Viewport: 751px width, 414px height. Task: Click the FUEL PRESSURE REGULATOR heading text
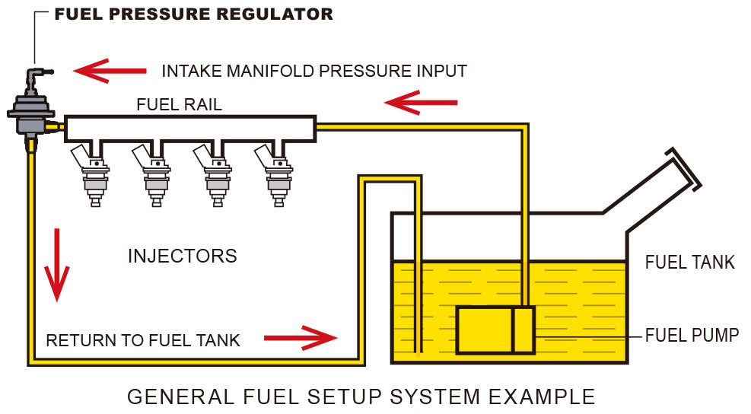194,14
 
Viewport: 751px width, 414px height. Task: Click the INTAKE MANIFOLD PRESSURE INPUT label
313,71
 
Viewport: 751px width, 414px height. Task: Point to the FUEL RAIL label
179,105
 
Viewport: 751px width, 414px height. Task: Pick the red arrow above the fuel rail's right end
421,101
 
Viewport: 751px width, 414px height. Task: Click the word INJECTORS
182,256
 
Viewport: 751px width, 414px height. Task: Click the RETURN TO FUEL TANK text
143,340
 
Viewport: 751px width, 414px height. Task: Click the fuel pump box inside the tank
495,330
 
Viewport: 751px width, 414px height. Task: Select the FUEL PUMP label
692,336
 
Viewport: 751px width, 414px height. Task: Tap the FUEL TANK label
689,263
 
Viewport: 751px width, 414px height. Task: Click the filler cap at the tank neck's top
684,168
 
